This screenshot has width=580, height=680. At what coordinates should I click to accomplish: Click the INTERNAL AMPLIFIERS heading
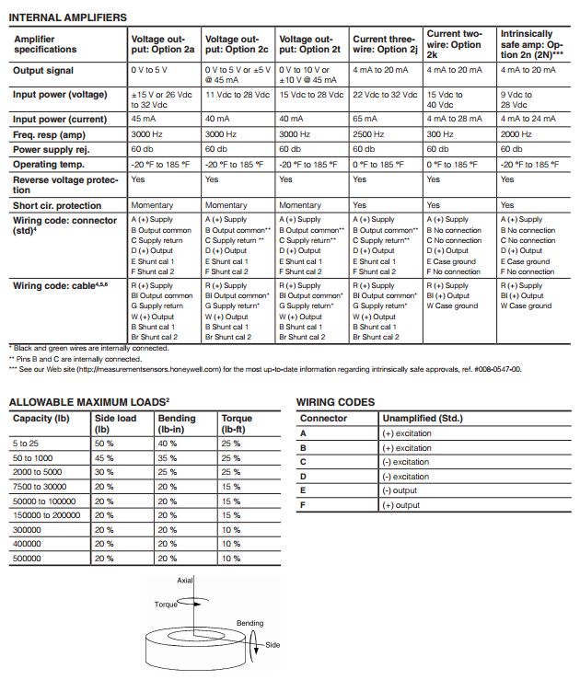(x=68, y=17)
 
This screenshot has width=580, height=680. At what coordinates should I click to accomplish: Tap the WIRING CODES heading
(x=335, y=402)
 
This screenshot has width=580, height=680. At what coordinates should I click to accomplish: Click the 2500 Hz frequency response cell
(x=370, y=133)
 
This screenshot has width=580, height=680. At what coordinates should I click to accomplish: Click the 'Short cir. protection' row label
(x=57, y=205)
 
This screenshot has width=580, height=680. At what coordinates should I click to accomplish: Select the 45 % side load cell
(x=104, y=457)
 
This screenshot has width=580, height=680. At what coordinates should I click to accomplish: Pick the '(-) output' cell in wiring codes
(x=399, y=490)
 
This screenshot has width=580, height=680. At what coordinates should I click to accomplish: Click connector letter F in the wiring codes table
(x=303, y=505)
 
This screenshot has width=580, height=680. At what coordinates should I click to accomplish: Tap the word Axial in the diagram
(x=186, y=582)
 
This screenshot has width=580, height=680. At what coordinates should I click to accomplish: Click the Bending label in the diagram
(x=249, y=623)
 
